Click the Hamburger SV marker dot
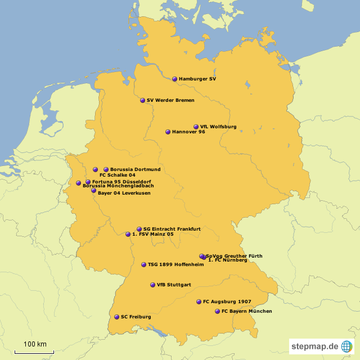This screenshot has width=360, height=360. point(174,79)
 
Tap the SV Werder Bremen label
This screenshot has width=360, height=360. point(170,101)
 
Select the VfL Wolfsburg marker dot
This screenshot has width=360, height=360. point(196,127)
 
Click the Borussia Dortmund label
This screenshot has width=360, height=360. point(136,169)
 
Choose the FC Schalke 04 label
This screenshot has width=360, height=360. point(117,175)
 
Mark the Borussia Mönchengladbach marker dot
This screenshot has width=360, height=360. point(79,183)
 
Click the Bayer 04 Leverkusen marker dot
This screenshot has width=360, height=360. point(93,191)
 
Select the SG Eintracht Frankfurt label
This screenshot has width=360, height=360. point(172,229)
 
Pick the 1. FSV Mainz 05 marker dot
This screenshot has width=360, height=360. point(128,234)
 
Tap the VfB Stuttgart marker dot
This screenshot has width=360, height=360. point(152,285)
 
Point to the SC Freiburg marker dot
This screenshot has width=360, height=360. point(116,317)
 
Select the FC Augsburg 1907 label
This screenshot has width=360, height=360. point(227,302)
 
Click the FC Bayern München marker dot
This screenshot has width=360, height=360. point(217,311)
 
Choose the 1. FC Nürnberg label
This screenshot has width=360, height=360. point(228,260)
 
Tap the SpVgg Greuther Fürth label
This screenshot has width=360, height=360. point(234,256)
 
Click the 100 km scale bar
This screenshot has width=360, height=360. point(34,351)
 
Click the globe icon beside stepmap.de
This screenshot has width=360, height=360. point(347,346)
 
